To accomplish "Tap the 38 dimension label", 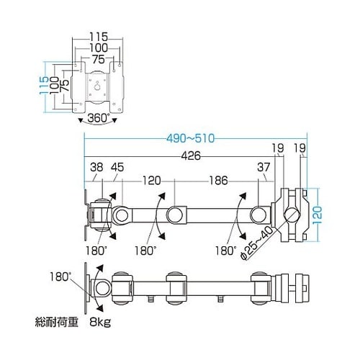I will [96, 170].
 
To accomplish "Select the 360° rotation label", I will [98, 118].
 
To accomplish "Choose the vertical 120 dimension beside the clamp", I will [325, 214].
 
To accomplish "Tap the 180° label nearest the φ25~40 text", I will [225, 251].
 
